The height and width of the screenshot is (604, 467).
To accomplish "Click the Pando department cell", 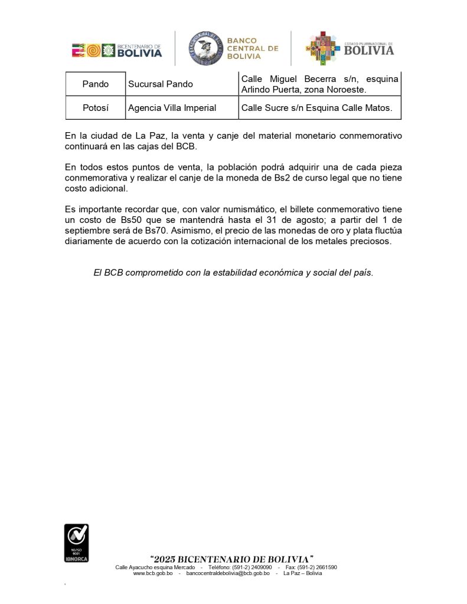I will pos(96,84).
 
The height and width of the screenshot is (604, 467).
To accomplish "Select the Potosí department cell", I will pos(96,108).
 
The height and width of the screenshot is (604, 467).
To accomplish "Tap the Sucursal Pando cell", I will pos(161,84).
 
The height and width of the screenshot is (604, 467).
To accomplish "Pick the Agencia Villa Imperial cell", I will pos(172,108).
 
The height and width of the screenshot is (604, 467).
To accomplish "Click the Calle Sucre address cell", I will pos(316,108).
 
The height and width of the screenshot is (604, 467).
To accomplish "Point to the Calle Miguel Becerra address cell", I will pos(320,84).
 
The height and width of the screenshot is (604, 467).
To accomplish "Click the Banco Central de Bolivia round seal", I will pos(205,49).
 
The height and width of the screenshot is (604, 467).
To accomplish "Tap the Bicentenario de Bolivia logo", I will pos(117,51).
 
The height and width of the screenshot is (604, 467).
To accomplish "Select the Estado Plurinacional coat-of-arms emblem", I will pos(322,48).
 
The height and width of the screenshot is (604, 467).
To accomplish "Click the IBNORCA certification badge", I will pos(76,543).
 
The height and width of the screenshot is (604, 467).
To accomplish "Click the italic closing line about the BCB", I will pos(233,273).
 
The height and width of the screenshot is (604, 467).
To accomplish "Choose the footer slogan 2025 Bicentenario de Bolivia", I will pos(231,559).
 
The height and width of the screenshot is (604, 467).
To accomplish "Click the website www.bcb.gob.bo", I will pos(153,573).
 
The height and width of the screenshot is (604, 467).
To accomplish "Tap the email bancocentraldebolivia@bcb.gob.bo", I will pos(228,573).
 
